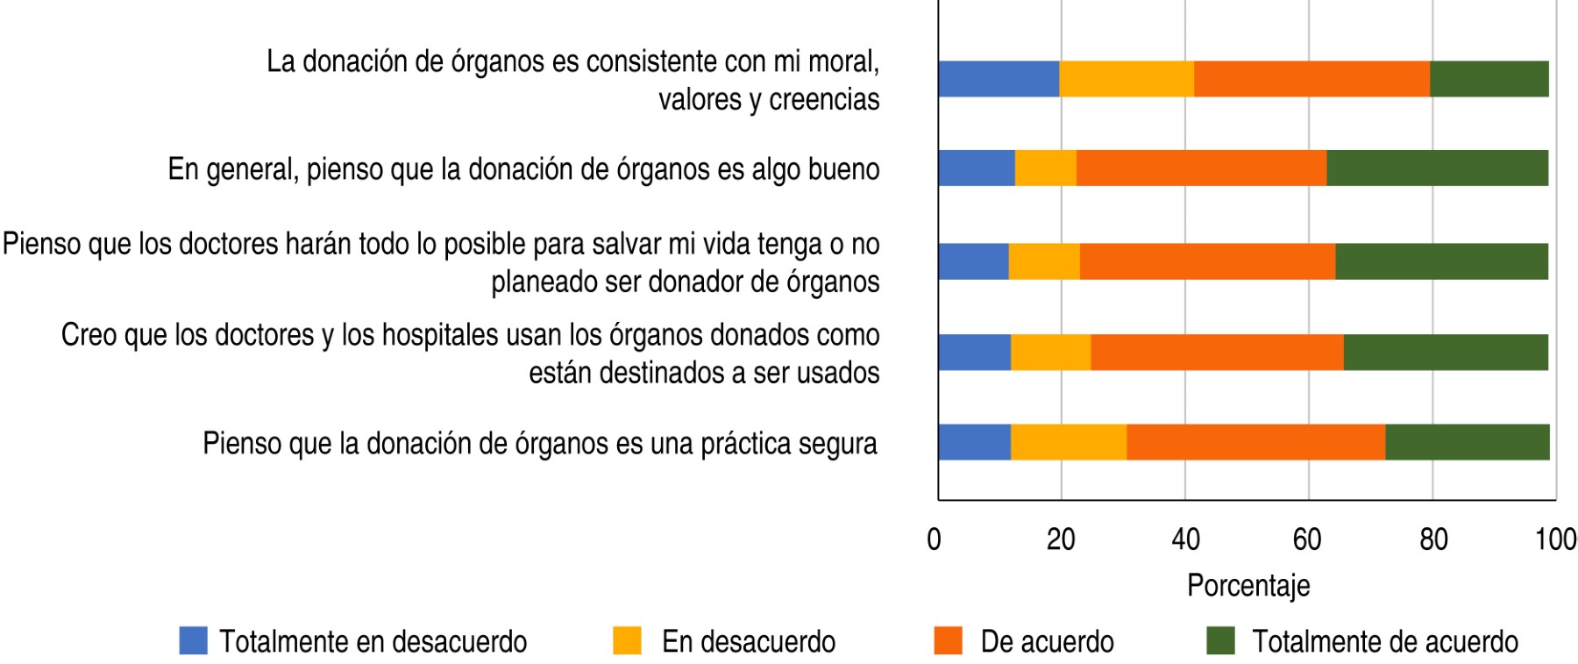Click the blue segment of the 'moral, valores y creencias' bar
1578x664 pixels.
pos(999,79)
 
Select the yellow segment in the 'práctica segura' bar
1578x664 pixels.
pos(1069,442)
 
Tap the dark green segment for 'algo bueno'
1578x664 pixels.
pos(1437,168)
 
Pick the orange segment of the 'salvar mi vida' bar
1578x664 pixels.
pos(1207,261)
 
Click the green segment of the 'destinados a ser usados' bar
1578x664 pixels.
pos(1446,353)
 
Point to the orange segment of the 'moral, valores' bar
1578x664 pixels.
pos(1311,79)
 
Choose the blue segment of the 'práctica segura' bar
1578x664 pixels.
pos(974,442)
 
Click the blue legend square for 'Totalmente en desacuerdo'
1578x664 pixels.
pos(193,641)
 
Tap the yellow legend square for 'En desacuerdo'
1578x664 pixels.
pos(627,641)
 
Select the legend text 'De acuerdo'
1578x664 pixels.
pos(1047,642)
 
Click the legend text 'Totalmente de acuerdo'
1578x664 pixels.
pos(1384,642)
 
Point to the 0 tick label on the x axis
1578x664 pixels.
pos(935,539)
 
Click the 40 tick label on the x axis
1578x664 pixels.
pos(1185,539)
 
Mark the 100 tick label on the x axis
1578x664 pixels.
pos(1555,539)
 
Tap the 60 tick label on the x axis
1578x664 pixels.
pos(1307,539)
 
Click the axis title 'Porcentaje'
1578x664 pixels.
pos(1248,586)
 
